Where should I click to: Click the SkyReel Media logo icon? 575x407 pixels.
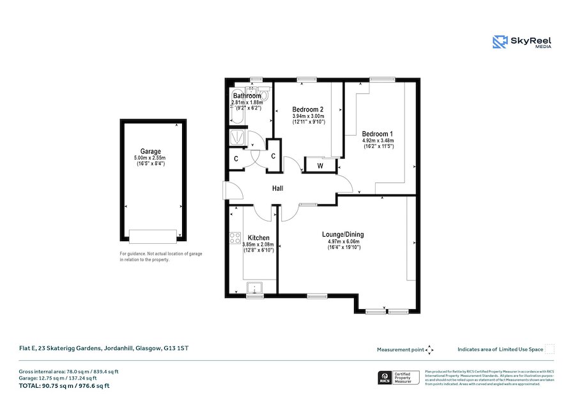(500, 42)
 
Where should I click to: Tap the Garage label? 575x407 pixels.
(151, 152)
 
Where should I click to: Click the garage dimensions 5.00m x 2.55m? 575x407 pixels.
(151, 158)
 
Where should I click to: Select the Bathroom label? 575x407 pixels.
(247, 96)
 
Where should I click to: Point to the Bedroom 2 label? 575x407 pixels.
(308, 109)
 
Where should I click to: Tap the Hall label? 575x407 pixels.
(277, 188)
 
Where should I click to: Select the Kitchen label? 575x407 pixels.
(258, 238)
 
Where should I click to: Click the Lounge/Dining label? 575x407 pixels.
(343, 234)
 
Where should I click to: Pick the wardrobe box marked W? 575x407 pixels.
(319, 165)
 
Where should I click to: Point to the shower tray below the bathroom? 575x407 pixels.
(236, 137)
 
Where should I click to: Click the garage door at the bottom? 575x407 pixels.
(152, 236)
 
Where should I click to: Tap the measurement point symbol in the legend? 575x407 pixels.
(430, 349)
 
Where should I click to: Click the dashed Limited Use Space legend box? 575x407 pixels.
(549, 349)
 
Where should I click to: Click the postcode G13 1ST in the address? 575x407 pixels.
(176, 349)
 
